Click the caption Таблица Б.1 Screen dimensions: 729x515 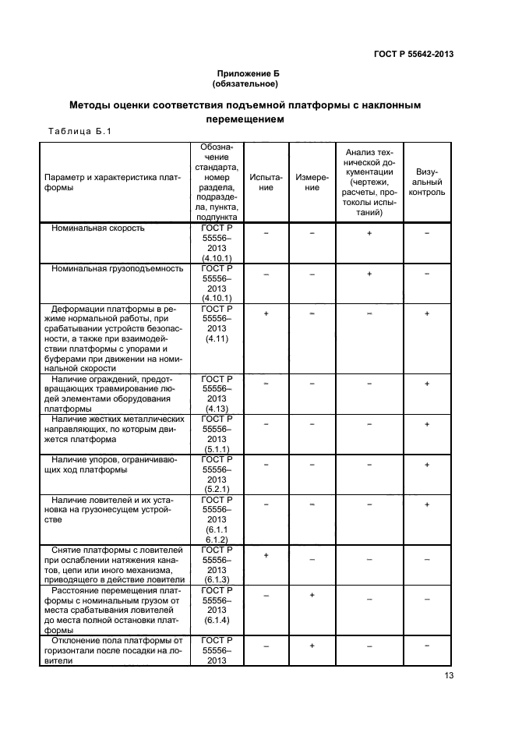(75, 131)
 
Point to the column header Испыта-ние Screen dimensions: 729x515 (266, 182)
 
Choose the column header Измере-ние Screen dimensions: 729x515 (312, 182)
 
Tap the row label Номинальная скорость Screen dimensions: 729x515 (98, 229)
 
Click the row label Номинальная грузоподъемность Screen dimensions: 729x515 (117, 269)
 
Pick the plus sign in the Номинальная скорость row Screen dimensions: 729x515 (369, 233)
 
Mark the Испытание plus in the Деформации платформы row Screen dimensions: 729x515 (266, 313)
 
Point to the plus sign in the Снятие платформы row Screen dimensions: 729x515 (266, 555)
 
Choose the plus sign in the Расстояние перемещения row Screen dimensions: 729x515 (312, 596)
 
